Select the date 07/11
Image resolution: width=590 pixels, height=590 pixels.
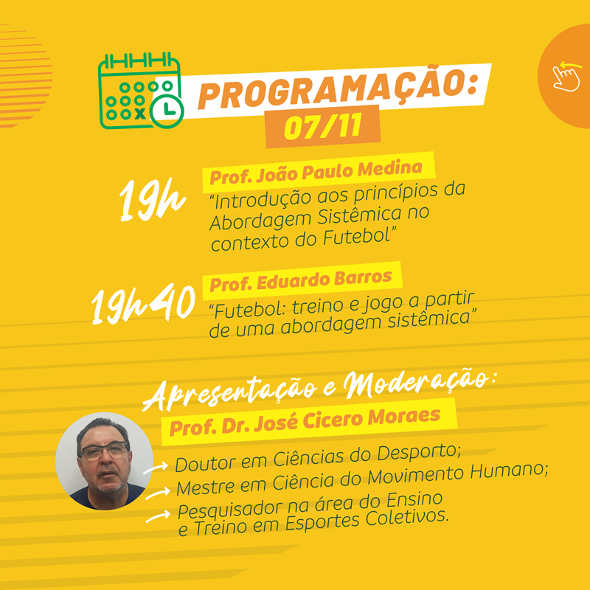tap(323, 126)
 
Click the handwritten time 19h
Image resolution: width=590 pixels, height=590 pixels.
tap(152, 199)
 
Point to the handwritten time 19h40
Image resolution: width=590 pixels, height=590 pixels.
tap(143, 303)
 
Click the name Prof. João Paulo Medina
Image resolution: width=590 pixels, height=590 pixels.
tap(316, 173)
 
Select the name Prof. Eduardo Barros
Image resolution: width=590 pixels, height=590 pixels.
tap(301, 281)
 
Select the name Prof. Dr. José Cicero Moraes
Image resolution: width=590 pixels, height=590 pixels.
tap(305, 421)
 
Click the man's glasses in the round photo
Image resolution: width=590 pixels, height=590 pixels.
tap(104, 450)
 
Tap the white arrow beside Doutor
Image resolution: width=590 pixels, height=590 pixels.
tap(156, 468)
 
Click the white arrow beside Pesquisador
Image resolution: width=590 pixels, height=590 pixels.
tap(158, 516)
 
